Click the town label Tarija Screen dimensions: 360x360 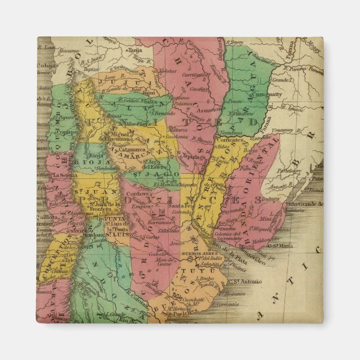[135, 50]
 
